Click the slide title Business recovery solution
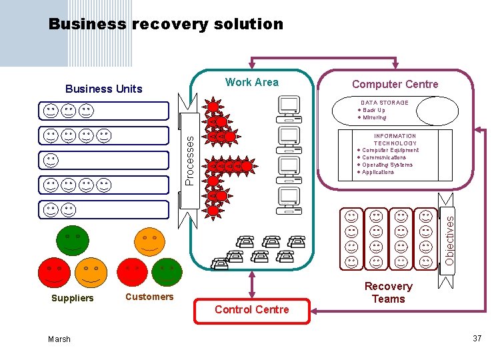(x=166, y=25)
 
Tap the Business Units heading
(x=103, y=89)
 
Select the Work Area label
(x=252, y=82)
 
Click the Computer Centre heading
(x=395, y=84)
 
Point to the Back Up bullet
(x=373, y=110)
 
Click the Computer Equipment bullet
(x=390, y=151)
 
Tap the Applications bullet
(x=377, y=172)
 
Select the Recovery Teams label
(x=388, y=293)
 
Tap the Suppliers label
(x=73, y=298)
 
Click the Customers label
(x=149, y=297)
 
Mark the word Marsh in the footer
(x=59, y=339)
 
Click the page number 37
(x=477, y=339)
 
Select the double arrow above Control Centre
(x=252, y=285)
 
